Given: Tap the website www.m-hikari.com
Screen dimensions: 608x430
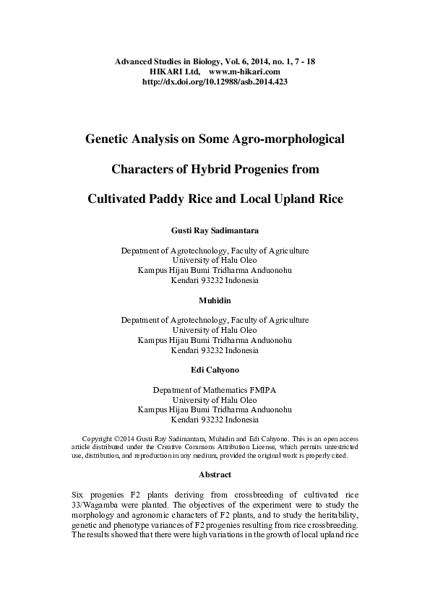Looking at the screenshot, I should pos(244,72).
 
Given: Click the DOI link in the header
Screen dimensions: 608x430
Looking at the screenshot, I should pos(215,82).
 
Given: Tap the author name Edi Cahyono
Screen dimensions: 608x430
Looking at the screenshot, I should pos(215,370).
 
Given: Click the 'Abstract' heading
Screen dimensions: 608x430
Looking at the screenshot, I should pos(215,474).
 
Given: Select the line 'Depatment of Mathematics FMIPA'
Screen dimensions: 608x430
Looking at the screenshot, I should pos(215,390).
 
